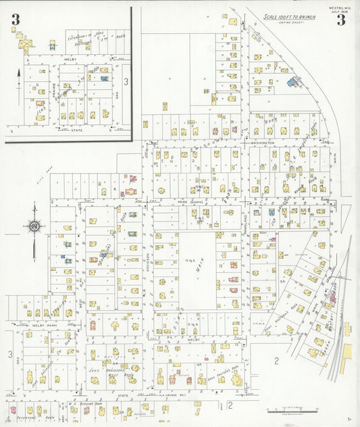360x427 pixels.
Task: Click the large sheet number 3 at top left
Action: [x=15, y=20]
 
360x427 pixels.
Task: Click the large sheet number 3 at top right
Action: [x=341, y=20]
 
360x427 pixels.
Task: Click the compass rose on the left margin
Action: [x=34, y=227]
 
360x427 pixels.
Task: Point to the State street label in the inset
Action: [x=77, y=130]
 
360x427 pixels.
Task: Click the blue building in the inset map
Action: [x=105, y=78]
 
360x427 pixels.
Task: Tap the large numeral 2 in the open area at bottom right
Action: [x=276, y=361]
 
